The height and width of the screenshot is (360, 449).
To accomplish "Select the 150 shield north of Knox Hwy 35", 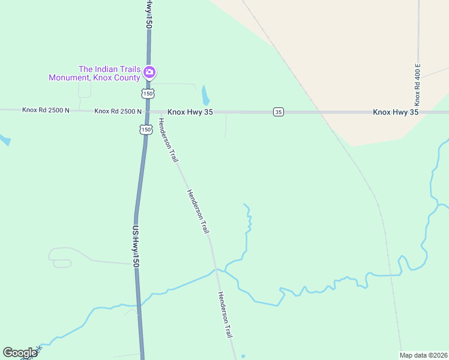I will (x=148, y=94).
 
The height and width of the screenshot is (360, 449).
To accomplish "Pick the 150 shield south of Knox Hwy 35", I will (x=145, y=130).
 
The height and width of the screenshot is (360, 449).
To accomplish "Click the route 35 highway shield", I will (x=278, y=112).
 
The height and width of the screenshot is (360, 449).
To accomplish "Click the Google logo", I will (x=20, y=353).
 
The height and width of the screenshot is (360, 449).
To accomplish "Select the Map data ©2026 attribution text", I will (x=424, y=355).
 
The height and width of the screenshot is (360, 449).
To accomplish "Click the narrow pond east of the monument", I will (x=206, y=95).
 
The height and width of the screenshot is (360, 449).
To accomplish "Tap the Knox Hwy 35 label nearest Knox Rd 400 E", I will (x=396, y=112).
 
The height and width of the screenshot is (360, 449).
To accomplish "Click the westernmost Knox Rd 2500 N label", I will (x=46, y=110).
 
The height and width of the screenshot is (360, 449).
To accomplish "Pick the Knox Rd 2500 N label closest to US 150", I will (x=118, y=111).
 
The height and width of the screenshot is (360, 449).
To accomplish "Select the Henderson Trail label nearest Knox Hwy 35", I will (x=168, y=140).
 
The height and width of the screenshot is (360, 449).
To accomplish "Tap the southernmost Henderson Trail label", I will (x=225, y=314).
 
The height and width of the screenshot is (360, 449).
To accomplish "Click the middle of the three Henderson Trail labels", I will (x=198, y=211).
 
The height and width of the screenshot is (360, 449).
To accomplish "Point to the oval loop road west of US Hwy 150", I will (x=62, y=263).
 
